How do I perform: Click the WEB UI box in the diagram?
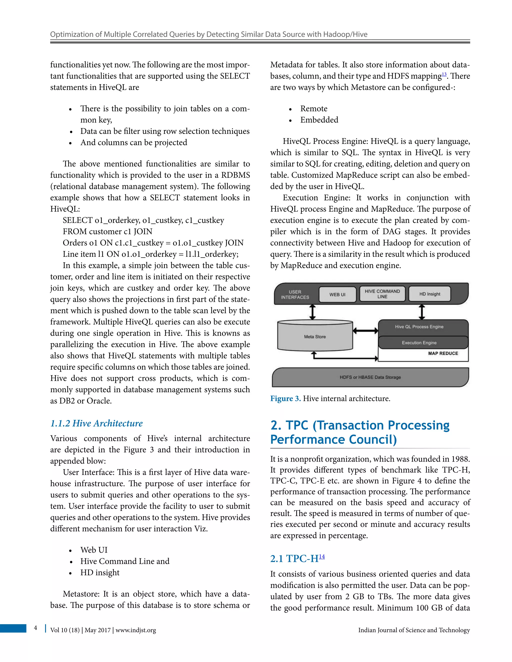pyautogui.click(x=337, y=294)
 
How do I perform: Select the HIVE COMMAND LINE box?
pyautogui.click(x=382, y=294)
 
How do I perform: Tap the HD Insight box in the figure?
pyautogui.click(x=429, y=294)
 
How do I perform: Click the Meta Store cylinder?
pyautogui.click(x=315, y=336)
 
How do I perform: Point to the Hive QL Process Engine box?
pyautogui.click(x=419, y=327)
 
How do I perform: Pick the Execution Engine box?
pyautogui.click(x=419, y=342)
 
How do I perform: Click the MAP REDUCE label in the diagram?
pyautogui.click(x=443, y=353)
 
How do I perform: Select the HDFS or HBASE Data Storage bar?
pyautogui.click(x=370, y=377)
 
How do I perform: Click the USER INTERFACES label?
pyautogui.click(x=295, y=294)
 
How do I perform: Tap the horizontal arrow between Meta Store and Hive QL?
pyautogui.click(x=365, y=331)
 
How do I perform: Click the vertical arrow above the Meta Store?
pyautogui.click(x=312, y=312)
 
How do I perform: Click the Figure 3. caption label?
pyautogui.click(x=285, y=398)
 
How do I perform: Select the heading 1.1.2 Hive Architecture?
pyautogui.click(x=96, y=423)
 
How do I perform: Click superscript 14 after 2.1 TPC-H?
pyautogui.click(x=322, y=557)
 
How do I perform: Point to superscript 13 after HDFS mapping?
pyautogui.click(x=444, y=74)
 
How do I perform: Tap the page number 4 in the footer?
pyautogui.click(x=35, y=628)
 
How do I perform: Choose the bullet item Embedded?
pyautogui.click(x=319, y=120)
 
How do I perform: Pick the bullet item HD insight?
pyautogui.click(x=100, y=572)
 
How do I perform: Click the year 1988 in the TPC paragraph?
pyautogui.click(x=460, y=459)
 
